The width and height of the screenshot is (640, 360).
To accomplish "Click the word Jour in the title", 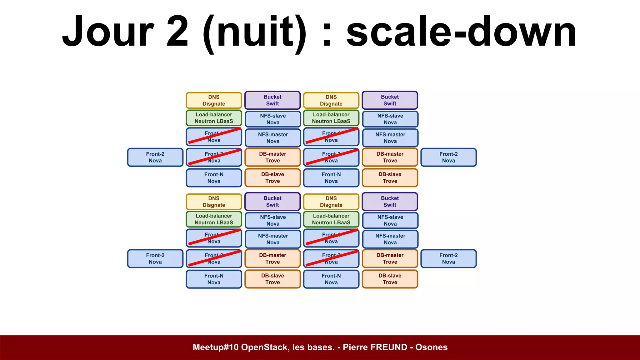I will (x=108, y=31).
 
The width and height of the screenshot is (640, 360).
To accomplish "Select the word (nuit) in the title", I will (x=255, y=33).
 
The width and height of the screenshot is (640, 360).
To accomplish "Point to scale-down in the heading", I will (x=461, y=31).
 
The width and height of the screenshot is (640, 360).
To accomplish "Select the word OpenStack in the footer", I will (x=265, y=347).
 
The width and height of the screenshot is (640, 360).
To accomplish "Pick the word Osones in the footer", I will (x=431, y=347).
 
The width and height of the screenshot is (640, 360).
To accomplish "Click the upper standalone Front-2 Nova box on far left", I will (x=155, y=157).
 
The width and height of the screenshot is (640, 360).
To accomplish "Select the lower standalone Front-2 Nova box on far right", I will (x=448, y=258).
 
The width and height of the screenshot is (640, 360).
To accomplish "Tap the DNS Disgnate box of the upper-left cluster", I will (x=214, y=100).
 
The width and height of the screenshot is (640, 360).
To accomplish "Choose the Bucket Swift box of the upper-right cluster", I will (x=390, y=100).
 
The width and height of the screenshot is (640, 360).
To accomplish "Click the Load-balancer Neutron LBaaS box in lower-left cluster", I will (x=214, y=219).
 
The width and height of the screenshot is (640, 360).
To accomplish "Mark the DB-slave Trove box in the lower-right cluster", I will (x=390, y=279).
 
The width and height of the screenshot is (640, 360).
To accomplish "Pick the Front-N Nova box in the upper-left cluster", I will (x=214, y=178).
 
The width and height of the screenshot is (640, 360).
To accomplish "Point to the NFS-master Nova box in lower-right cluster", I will (x=390, y=239).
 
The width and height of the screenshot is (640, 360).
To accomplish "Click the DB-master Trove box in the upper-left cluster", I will (x=272, y=157).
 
